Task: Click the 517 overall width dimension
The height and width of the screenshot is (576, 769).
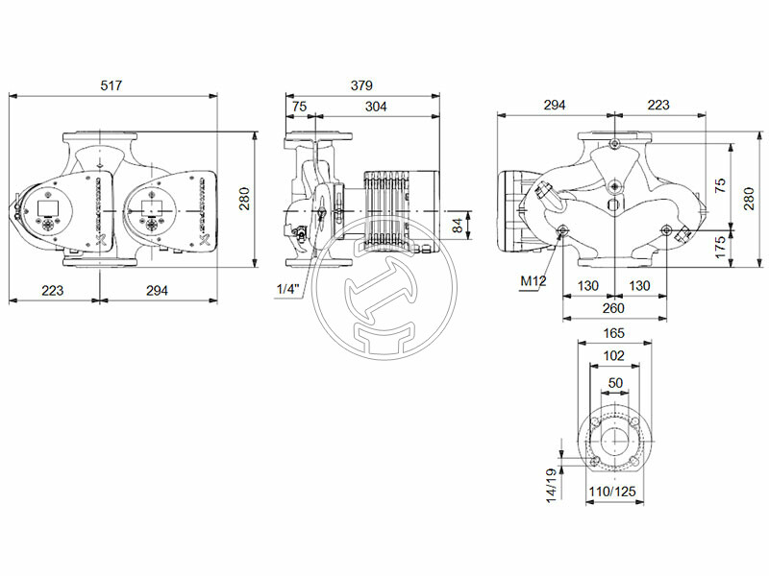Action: click(x=113, y=86)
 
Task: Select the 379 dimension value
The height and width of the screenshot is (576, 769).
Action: click(x=361, y=86)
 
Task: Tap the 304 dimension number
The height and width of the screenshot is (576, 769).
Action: click(x=376, y=107)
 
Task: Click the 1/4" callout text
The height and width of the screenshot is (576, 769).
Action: click(x=287, y=289)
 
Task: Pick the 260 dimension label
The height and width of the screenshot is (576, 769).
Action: click(x=613, y=308)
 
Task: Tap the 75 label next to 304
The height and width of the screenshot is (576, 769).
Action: click(x=299, y=107)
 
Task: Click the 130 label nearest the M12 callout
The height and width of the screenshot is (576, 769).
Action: click(x=587, y=286)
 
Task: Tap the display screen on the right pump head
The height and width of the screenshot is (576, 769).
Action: click(x=150, y=205)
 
